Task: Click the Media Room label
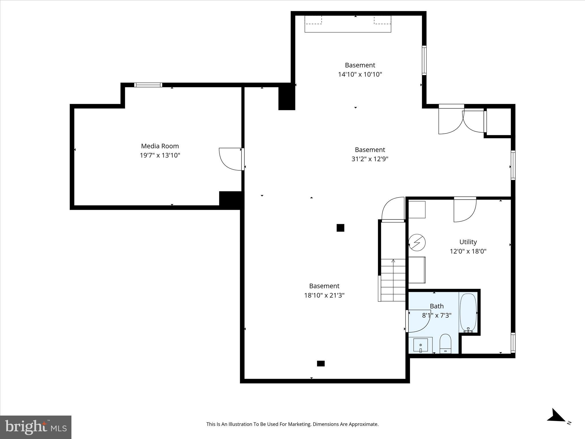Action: tap(160, 146)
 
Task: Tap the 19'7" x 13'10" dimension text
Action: tap(160, 155)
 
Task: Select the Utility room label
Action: tap(468, 242)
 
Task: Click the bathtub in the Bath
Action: tap(468, 312)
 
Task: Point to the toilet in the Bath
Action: tap(445, 343)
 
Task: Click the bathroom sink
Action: tap(420, 345)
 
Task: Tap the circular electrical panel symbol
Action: tap(417, 243)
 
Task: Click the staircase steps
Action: tap(393, 280)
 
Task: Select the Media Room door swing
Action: tap(230, 159)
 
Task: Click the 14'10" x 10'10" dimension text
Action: tap(360, 74)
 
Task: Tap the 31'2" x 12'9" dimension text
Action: tap(370, 159)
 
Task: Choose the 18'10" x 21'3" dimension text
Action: tap(324, 295)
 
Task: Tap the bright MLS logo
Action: tap(36, 427)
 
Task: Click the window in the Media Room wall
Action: tap(148, 85)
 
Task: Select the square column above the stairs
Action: tap(340, 228)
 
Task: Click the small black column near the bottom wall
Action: tap(321, 364)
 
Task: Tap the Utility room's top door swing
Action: tap(465, 210)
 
